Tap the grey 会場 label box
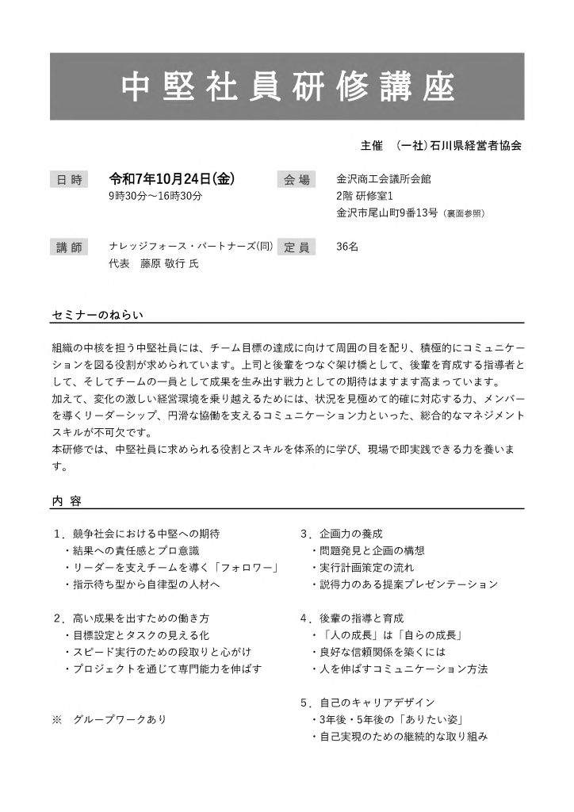(297, 180)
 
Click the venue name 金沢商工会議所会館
(384, 180)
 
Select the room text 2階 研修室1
(365, 196)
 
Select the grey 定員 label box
(297, 247)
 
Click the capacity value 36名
(347, 247)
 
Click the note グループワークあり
(119, 720)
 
